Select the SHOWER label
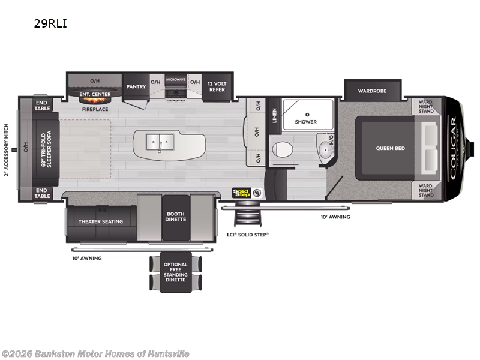pos(305,122)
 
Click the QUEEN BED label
pos(391,148)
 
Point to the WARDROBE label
pos(372,91)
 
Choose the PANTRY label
pos(136,86)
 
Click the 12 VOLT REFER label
pos(217,86)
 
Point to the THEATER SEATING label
pos(100,221)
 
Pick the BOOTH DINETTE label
pos(176,217)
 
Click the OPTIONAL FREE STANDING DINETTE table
pos(175,272)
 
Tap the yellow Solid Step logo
pos(241,193)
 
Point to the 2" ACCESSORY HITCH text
pos(7,149)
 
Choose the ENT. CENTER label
pos(95,94)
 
